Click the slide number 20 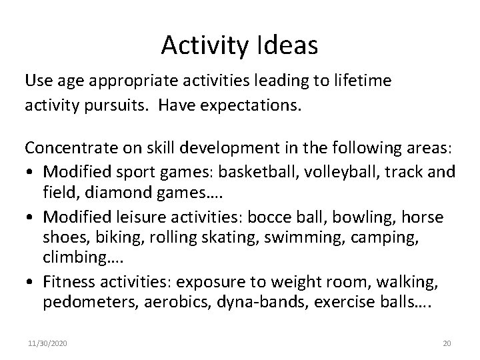[x=447, y=343]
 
